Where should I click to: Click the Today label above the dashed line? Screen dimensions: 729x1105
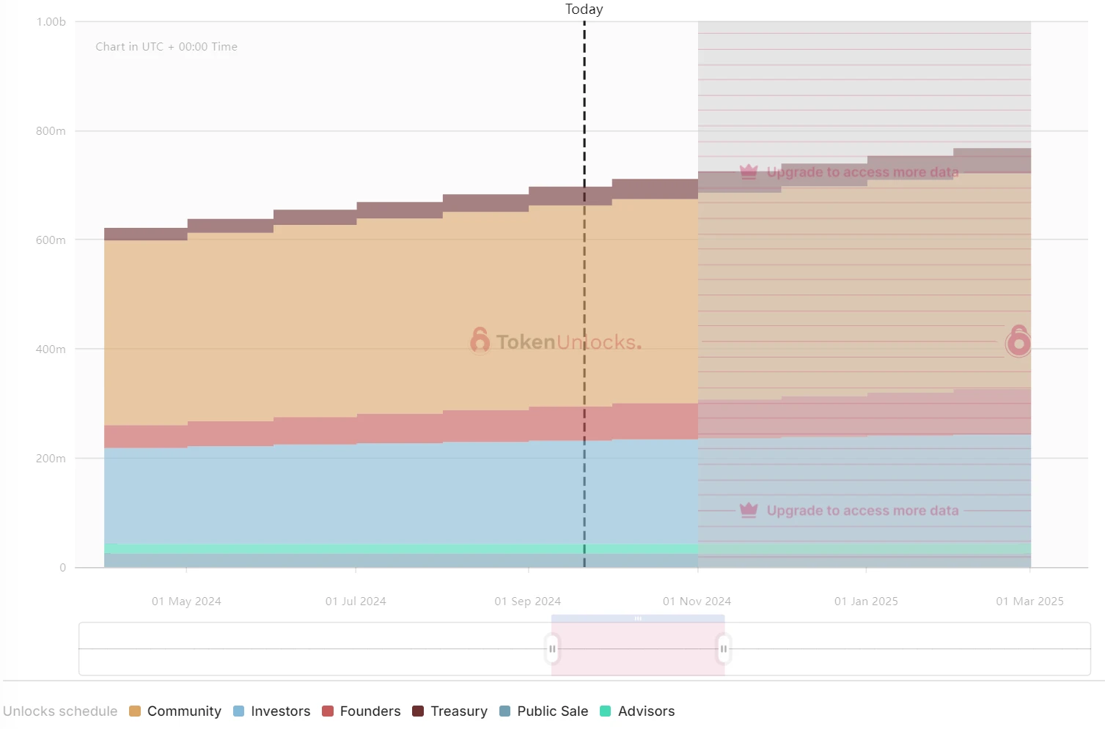584,10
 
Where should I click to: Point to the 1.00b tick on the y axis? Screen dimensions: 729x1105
51,22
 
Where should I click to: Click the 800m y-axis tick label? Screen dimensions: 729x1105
51,131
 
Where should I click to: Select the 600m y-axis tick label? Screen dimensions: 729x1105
51,240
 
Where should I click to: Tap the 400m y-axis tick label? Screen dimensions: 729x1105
51,349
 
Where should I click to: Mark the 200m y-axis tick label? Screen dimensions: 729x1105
51,459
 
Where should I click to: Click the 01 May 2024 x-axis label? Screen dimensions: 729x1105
186,602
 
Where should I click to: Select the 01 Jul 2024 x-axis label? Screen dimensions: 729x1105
356,602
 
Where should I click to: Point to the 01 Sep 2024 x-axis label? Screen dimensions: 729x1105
527,602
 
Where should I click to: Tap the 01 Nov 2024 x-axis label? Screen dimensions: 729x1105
697,602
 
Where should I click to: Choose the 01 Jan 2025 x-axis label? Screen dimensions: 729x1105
866,602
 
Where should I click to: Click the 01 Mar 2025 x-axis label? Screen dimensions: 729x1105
1029,602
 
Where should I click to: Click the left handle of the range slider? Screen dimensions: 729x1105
552,649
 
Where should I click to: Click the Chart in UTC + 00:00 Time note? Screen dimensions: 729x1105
166,47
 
